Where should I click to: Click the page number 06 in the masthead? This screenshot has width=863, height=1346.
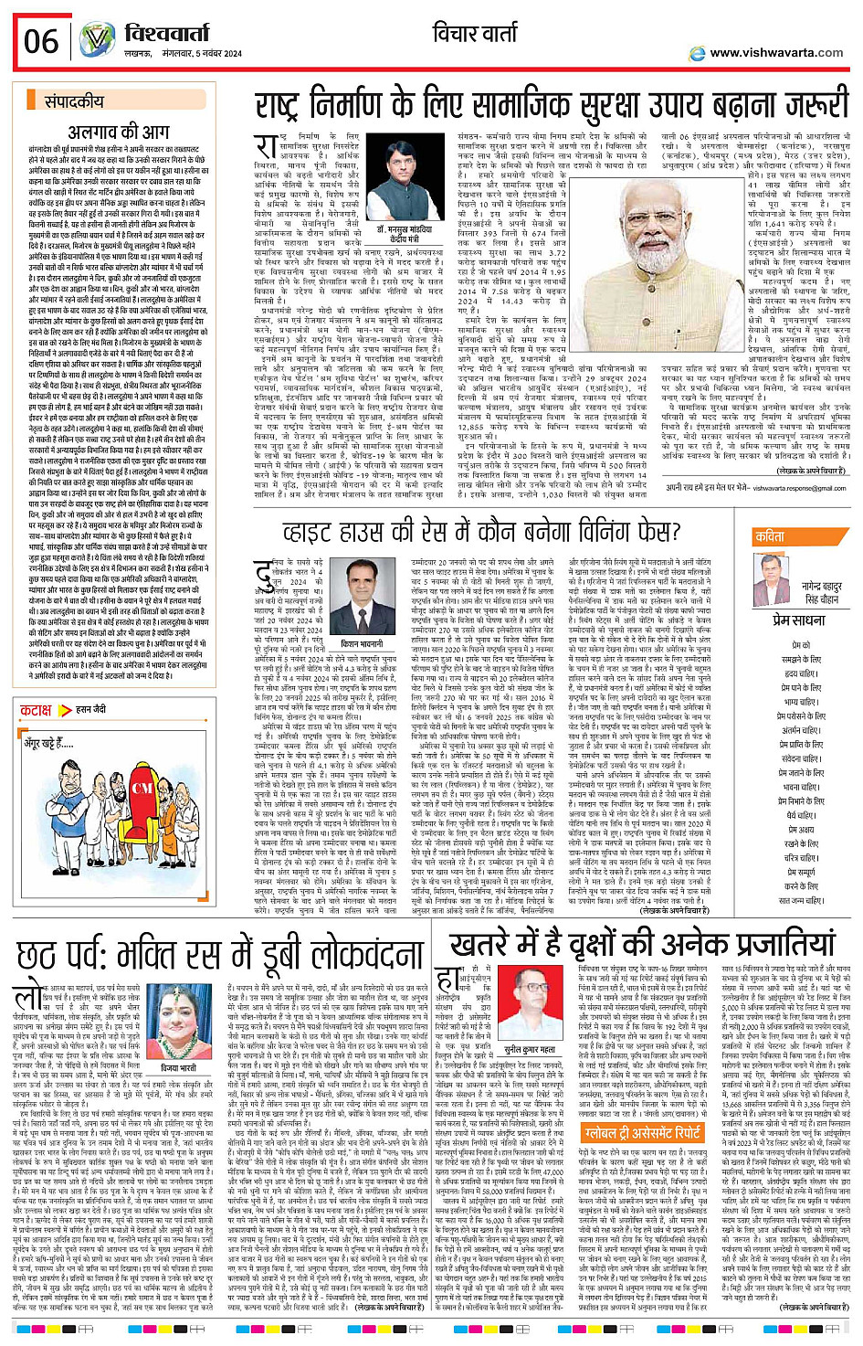[x=41, y=41]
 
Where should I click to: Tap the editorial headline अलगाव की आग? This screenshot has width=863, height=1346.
[x=119, y=131]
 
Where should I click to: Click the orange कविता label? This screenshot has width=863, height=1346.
[x=769, y=537]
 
